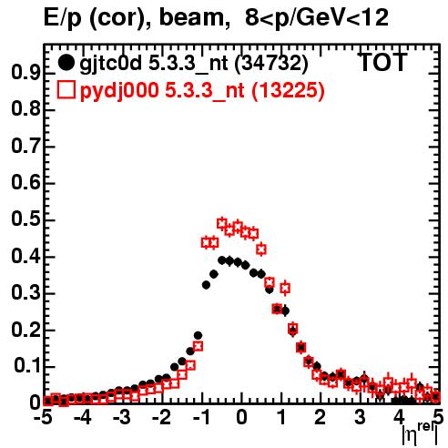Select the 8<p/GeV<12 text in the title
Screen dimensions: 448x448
pos(317,17)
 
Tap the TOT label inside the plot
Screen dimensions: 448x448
pos(382,62)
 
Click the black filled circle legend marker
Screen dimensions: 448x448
pos(66,63)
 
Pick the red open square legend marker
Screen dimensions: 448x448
pos(66,90)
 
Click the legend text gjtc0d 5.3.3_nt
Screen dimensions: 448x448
pos(154,64)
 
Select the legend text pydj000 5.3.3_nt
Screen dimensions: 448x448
pos(162,91)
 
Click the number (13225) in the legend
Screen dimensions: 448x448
pos(288,90)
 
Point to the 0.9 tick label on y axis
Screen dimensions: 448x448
pos(25,73)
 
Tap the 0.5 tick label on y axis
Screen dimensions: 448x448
pos(25,219)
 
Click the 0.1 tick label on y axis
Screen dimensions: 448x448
pos(26,366)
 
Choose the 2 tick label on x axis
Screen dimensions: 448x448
pos(320,418)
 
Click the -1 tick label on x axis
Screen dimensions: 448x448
pos(201,418)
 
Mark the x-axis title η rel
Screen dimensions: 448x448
pos(420,434)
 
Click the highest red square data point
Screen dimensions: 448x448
pos(222,224)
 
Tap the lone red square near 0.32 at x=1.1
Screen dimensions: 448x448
pos(285,288)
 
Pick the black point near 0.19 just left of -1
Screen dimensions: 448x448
pos(198,336)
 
